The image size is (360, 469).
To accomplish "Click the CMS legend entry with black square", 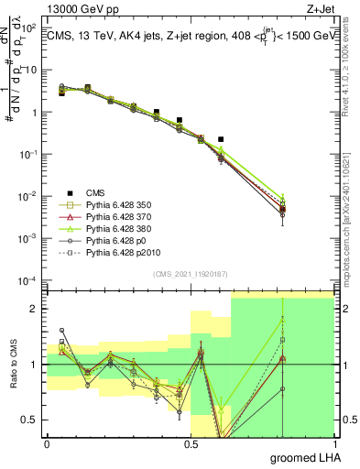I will (97, 192).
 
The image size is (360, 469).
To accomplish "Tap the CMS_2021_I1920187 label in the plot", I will (190, 274).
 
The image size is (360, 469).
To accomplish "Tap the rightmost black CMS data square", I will (221, 139).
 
